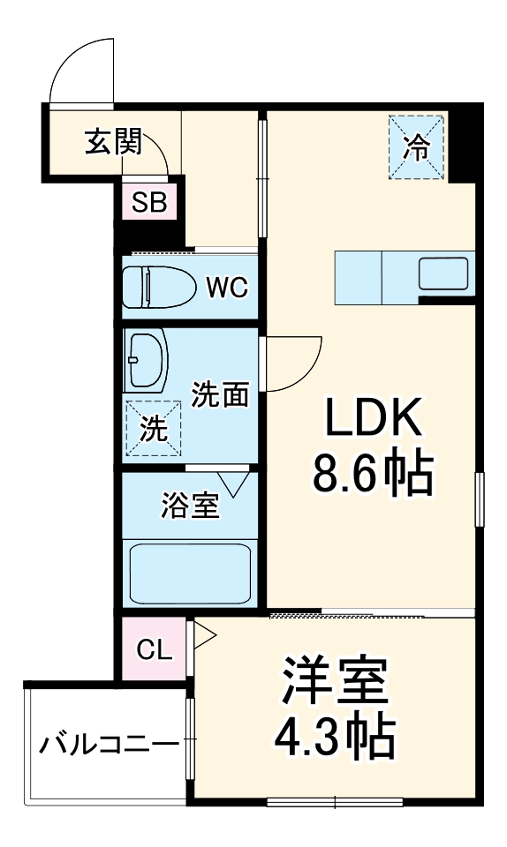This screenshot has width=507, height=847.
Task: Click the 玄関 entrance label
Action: pos(113,142)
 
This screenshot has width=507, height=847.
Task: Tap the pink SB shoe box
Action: pos(149,203)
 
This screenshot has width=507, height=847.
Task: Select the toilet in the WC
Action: pos(156,287)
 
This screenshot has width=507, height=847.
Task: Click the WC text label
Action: pos(227,287)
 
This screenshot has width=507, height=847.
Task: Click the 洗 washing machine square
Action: pos(153,429)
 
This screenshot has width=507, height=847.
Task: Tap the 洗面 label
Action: pos(220,395)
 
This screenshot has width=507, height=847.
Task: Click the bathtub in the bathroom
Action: pos(190,573)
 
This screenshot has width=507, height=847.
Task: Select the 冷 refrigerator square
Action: pos(416,147)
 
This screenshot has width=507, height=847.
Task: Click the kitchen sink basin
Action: pos(445,274)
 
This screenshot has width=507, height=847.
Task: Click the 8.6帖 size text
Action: pos(371,476)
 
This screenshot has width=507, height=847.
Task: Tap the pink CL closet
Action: pos(154,650)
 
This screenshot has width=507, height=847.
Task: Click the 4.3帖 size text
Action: pos(336,739)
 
